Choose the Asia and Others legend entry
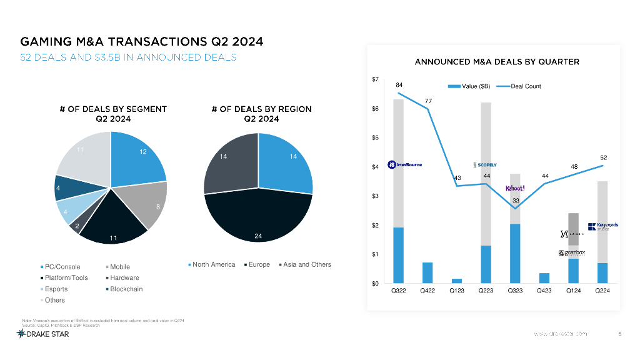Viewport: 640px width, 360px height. (x=304, y=264)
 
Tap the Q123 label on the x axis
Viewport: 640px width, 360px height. (x=457, y=291)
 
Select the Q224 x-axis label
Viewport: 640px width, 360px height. (x=602, y=291)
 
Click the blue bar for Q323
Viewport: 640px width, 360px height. (x=515, y=253)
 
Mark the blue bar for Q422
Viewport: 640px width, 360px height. (x=427, y=272)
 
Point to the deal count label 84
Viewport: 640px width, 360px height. (x=399, y=84)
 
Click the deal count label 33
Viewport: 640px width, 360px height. (x=516, y=201)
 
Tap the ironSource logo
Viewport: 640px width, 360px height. (x=404, y=164)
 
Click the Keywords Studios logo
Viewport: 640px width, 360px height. (x=602, y=226)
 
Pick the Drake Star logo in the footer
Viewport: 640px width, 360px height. (x=43, y=334)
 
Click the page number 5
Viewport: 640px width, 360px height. (x=619, y=334)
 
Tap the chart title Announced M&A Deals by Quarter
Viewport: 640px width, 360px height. (x=497, y=62)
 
